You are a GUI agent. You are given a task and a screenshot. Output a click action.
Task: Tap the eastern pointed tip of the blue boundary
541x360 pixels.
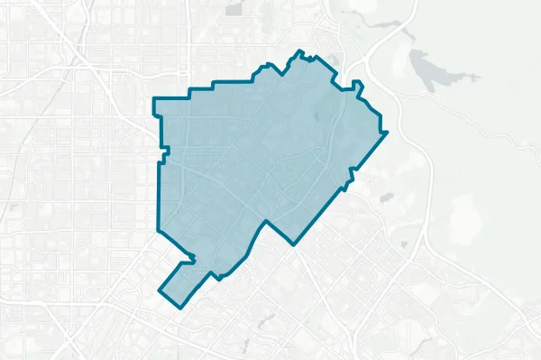pos(386,134)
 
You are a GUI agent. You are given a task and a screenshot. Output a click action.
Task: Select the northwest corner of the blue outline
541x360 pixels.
pos(154,101)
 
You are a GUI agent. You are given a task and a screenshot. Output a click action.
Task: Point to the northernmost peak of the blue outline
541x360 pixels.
pos(299,51)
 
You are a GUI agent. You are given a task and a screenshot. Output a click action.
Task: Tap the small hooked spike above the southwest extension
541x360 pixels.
pos(192,261)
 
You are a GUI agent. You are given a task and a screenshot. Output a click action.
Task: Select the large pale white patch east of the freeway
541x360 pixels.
pos(469,217)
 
